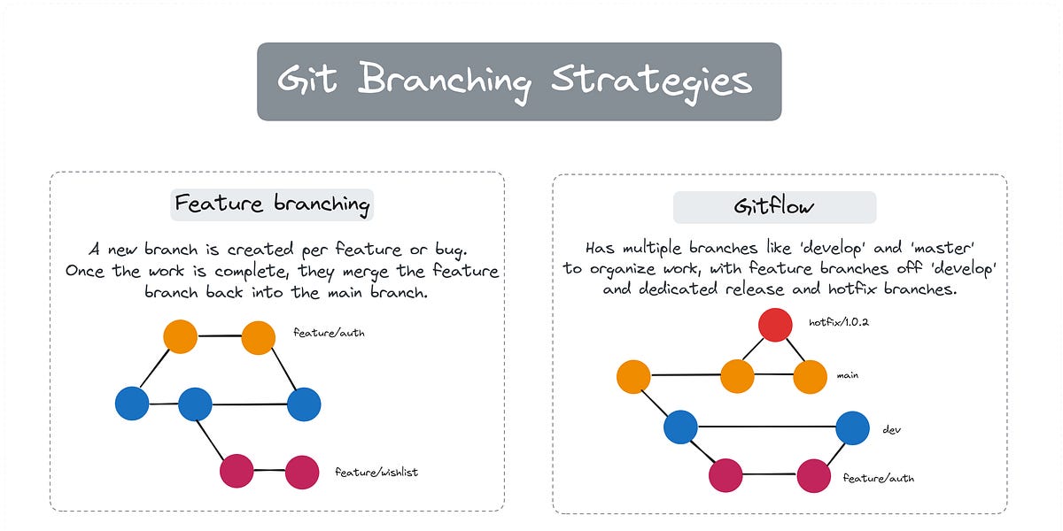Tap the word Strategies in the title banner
[x=651, y=81]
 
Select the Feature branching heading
[x=272, y=204]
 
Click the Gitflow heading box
[x=774, y=207]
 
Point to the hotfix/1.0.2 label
[x=838, y=323]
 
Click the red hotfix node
[x=775, y=325]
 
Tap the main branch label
[x=848, y=375]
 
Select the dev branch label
[x=891, y=429]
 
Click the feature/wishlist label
[x=376, y=473]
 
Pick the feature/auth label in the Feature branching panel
[x=329, y=334]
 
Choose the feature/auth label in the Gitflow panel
[x=878, y=478]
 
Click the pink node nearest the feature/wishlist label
[x=302, y=472]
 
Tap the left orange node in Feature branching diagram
[x=181, y=336]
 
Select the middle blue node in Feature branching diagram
[x=195, y=404]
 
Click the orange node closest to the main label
[x=810, y=376]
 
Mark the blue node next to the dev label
[x=852, y=427]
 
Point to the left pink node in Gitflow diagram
[x=725, y=476]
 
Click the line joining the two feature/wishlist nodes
[x=269, y=471]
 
